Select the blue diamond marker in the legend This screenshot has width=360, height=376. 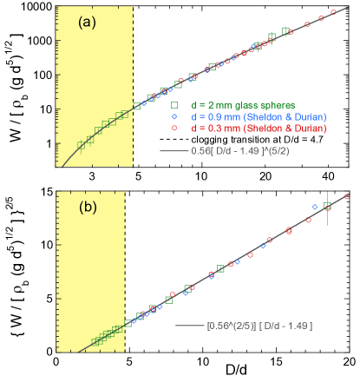(174, 116)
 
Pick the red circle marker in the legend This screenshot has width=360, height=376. (174, 129)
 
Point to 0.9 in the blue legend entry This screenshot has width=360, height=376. (213, 116)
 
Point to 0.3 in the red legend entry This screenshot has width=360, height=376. (213, 129)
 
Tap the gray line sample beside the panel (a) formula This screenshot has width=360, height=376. (173, 150)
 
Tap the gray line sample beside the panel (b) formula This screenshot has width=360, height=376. (188, 326)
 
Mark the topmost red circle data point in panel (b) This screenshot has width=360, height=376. (346, 196)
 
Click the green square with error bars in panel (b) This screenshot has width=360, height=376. (327, 207)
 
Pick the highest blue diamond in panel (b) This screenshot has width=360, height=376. (315, 207)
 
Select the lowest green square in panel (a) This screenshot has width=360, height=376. (81, 144)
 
